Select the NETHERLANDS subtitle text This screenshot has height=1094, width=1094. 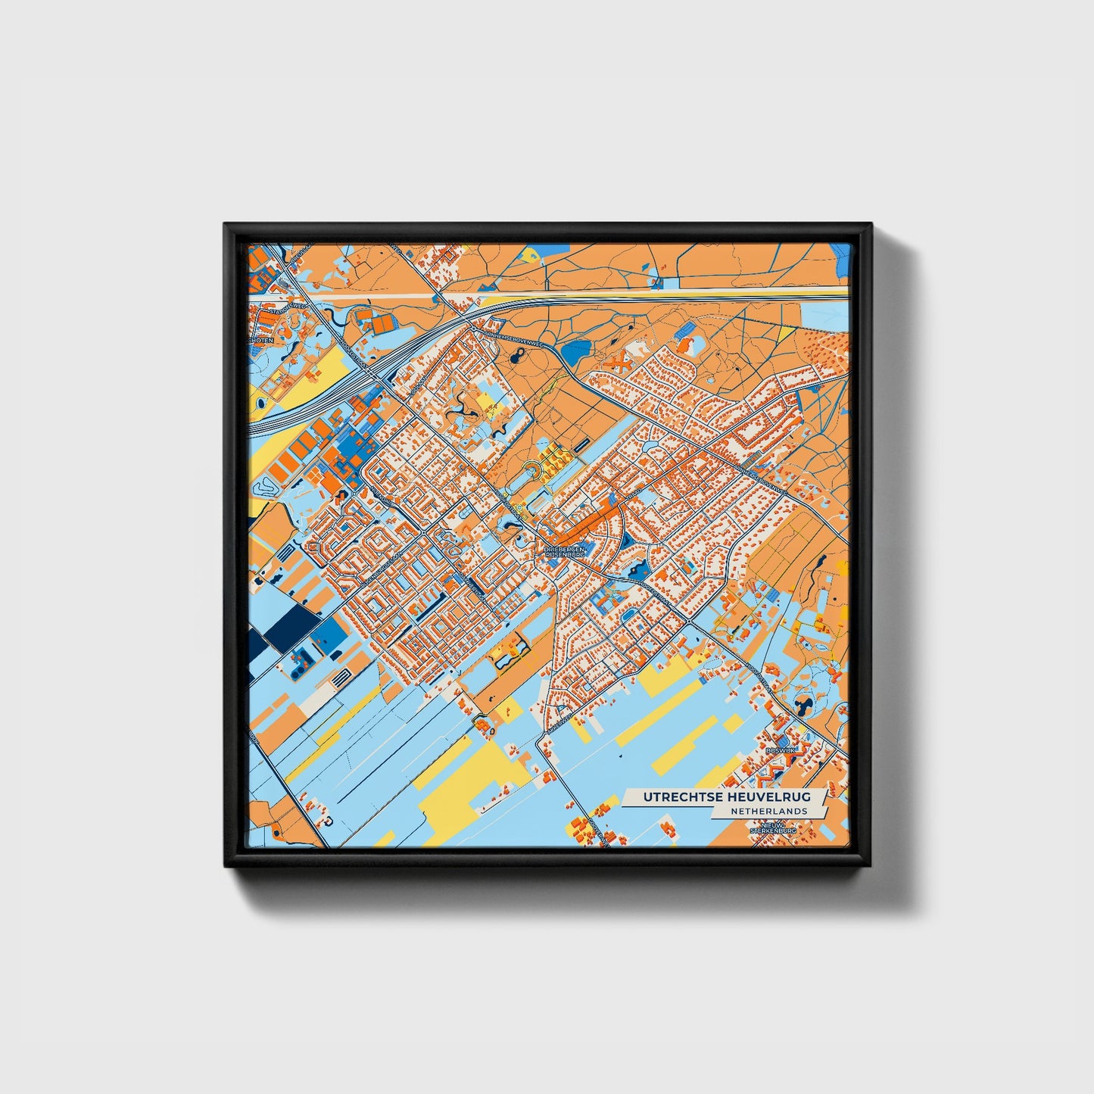[768, 812]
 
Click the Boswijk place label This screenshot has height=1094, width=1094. [780, 750]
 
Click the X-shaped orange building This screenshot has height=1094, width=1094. [620, 363]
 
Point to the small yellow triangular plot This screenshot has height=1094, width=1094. [786, 332]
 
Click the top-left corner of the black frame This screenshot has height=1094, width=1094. [226, 225]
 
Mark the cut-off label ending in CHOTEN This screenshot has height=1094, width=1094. [260, 341]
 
